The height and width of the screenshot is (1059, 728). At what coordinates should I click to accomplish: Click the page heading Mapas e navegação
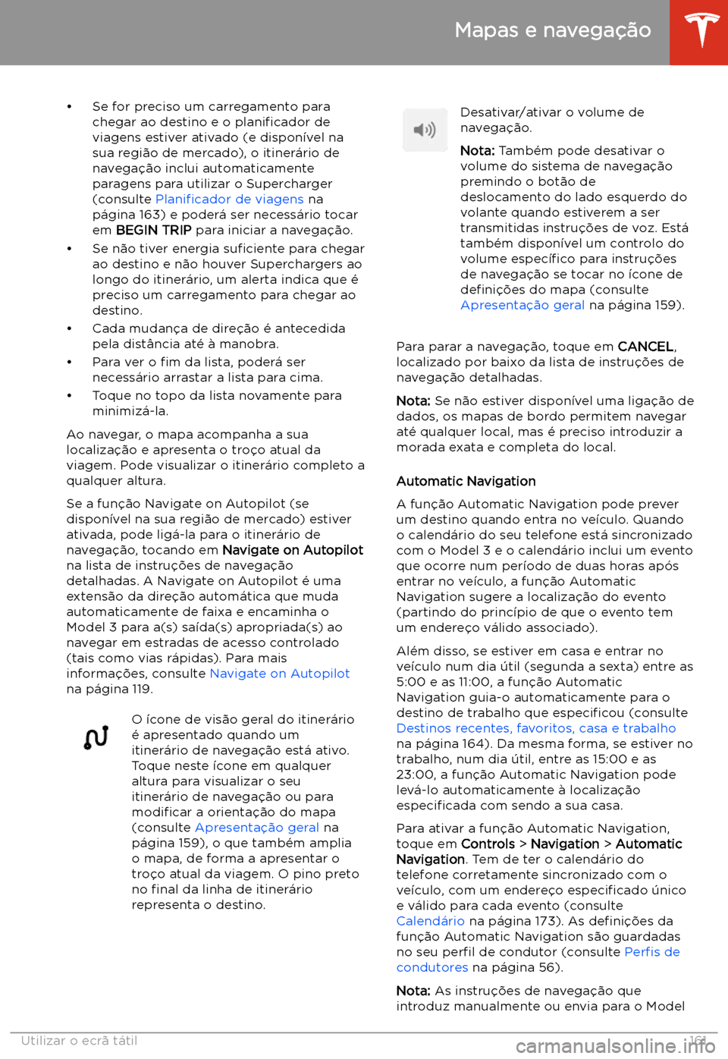[x=553, y=30]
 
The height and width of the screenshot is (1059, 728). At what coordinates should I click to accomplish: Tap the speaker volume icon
[x=425, y=130]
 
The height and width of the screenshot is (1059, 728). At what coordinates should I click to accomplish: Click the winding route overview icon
[x=96, y=737]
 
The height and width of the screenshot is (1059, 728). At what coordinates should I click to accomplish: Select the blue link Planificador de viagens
[x=229, y=200]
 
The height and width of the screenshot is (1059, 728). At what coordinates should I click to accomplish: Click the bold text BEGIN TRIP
[x=153, y=231]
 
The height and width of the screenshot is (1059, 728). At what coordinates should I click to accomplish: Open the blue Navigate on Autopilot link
[x=279, y=674]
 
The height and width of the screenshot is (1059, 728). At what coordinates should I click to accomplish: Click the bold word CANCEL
[x=645, y=347]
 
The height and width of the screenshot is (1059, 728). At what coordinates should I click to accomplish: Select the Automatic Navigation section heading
[x=466, y=482]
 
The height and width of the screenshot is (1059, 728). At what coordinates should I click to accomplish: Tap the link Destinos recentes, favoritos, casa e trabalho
[x=535, y=728]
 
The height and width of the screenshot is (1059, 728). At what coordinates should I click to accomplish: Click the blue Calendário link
[x=430, y=921]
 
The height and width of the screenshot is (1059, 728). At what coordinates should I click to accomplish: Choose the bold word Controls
[x=488, y=844]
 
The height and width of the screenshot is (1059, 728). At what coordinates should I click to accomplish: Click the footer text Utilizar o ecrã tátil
[x=79, y=1041]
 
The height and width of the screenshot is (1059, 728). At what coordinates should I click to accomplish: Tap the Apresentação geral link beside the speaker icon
[x=522, y=305]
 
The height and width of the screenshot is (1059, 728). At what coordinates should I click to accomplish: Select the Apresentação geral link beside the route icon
[x=256, y=828]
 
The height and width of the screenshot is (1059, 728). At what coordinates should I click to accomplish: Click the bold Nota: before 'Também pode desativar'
[x=477, y=151]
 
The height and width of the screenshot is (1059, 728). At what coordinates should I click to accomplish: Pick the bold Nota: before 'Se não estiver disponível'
[x=413, y=401]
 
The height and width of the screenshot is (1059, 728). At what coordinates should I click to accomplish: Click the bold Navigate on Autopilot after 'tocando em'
[x=292, y=550]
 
